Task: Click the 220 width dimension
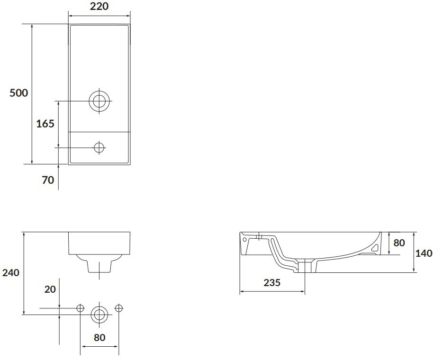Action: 99,6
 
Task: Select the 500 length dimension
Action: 19,93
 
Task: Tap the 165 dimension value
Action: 45,124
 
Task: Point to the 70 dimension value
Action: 48,180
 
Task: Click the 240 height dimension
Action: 11,273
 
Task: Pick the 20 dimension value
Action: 50,289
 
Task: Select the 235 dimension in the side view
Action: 272,283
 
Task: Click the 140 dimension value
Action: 424,253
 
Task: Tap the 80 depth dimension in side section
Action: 399,243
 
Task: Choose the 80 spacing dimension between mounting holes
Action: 99,337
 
